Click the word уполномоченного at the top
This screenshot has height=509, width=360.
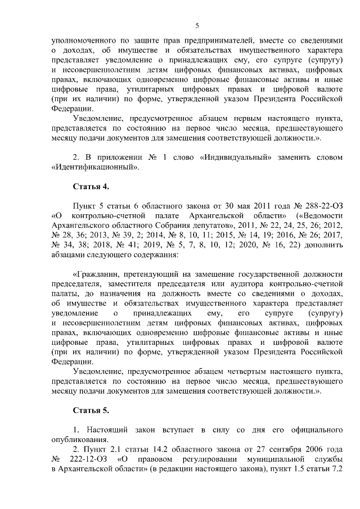(x=81, y=40)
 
